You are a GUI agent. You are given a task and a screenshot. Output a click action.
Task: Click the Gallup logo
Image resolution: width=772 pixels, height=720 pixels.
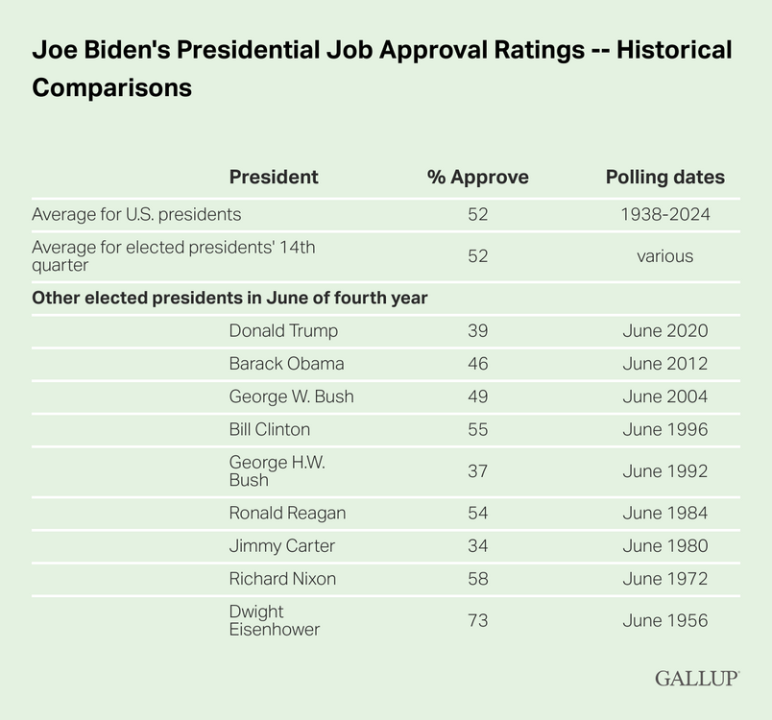click(x=696, y=678)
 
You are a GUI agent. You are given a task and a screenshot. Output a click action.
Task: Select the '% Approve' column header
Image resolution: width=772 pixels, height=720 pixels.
click(x=477, y=178)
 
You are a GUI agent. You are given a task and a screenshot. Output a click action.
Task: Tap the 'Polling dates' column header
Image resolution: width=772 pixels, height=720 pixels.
click(x=664, y=178)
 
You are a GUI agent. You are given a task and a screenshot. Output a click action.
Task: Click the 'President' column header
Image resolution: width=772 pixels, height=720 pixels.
click(x=274, y=178)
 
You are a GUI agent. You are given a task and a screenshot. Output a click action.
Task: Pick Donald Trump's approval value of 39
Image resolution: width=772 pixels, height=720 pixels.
click(x=477, y=331)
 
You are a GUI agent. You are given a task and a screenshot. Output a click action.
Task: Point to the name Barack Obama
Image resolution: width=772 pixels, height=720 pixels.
click(x=286, y=364)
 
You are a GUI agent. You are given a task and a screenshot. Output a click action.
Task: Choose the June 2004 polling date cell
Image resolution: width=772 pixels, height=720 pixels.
click(x=664, y=396)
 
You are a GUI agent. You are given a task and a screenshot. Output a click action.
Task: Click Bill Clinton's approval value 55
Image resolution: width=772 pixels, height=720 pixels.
click(x=477, y=429)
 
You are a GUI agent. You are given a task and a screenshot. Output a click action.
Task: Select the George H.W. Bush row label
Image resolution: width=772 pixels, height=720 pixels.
click(x=263, y=471)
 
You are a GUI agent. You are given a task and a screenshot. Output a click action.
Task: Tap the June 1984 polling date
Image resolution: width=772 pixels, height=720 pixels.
click(x=664, y=514)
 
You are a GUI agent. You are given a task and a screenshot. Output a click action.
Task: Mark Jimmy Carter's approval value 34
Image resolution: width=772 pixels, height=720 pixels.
click(x=477, y=546)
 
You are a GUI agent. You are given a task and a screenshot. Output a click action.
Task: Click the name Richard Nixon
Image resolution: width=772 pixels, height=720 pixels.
click(x=282, y=579)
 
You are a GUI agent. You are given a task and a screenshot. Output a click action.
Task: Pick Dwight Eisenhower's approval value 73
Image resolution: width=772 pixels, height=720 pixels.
click(x=477, y=621)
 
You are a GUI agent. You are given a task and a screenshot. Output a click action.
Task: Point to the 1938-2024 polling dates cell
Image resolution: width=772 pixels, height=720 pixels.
click(x=664, y=214)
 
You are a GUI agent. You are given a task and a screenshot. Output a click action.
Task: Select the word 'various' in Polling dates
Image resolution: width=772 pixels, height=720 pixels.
click(x=664, y=256)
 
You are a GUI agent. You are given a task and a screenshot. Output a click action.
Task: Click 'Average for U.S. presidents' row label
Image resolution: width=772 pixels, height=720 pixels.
click(x=136, y=214)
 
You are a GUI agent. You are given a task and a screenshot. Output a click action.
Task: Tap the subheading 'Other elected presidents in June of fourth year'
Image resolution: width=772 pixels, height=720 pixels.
click(x=229, y=298)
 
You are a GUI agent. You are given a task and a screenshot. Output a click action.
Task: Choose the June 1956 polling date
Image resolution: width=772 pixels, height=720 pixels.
click(x=664, y=621)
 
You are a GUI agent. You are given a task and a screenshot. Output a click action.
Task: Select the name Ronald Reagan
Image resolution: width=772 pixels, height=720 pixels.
click(x=287, y=514)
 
